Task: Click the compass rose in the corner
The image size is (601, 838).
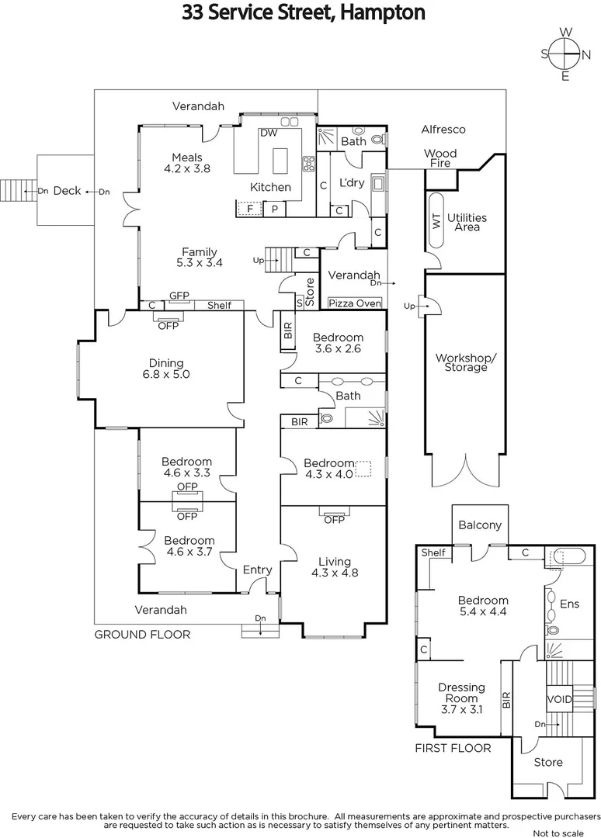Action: point(565,54)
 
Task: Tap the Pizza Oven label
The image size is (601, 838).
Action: point(355,303)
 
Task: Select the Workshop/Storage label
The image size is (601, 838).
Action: point(466,362)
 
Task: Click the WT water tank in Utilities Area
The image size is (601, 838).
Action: point(436,220)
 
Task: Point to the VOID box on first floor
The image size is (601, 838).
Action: point(560,699)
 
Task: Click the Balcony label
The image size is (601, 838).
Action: point(481,525)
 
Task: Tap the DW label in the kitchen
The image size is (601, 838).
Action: point(269,133)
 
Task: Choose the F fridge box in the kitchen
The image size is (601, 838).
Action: point(250,208)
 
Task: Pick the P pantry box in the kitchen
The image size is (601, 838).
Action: point(274,208)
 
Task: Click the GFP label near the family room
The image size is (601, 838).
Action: point(179,296)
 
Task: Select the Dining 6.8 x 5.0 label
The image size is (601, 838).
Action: point(166,369)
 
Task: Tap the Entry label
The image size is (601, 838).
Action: point(257,570)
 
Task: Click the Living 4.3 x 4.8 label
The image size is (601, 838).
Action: point(334,567)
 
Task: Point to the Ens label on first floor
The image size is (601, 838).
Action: point(569,604)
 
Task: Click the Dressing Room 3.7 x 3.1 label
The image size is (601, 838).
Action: point(461,698)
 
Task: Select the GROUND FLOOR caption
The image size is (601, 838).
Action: point(142,634)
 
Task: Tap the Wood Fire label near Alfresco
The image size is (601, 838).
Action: point(440,158)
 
